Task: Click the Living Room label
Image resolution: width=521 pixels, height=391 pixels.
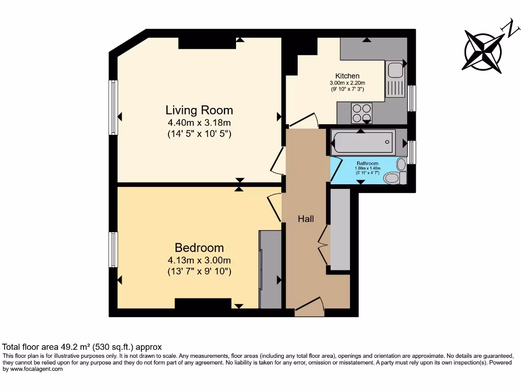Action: point(199,110)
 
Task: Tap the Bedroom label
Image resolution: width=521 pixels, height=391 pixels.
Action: point(199,248)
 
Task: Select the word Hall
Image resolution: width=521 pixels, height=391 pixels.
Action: point(306,219)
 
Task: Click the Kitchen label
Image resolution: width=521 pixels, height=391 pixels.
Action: point(347,76)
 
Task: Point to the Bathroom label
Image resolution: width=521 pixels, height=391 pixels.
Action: point(367,163)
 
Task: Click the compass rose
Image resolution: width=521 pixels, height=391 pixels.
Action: point(483,51)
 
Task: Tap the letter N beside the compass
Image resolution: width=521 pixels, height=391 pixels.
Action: point(512,29)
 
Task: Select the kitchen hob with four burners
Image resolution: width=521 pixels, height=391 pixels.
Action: point(362,114)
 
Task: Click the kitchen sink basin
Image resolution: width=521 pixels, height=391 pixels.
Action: point(395,70)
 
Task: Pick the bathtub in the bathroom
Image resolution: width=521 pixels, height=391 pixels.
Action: point(364,142)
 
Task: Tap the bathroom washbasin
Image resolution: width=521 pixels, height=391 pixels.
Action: point(401,164)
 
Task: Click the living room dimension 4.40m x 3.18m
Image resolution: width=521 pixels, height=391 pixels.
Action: point(199,123)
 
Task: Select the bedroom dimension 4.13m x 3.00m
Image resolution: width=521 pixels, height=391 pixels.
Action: point(199,260)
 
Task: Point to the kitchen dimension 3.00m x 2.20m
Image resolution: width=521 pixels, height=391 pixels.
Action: point(347,83)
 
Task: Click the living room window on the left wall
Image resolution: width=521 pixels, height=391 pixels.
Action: point(113,107)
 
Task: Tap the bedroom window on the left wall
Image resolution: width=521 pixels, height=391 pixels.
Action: point(113,249)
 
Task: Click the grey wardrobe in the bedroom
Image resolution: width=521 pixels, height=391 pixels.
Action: point(270,270)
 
